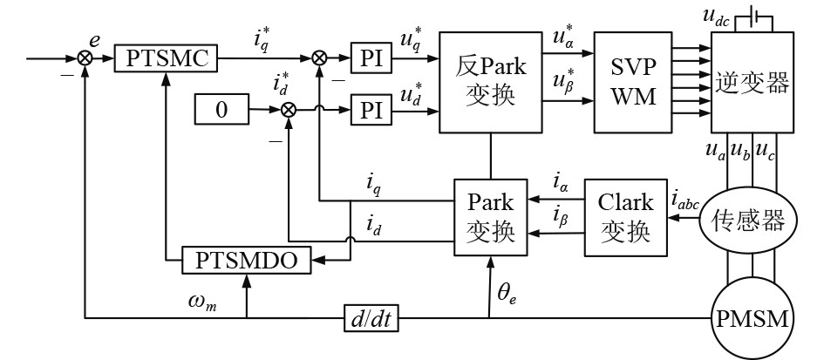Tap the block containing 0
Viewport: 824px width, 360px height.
point(221,111)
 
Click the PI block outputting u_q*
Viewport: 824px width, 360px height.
point(371,59)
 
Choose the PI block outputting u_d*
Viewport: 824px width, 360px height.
point(371,111)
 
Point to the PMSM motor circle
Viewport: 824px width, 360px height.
point(754,320)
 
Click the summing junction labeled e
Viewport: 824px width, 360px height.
point(85,59)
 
